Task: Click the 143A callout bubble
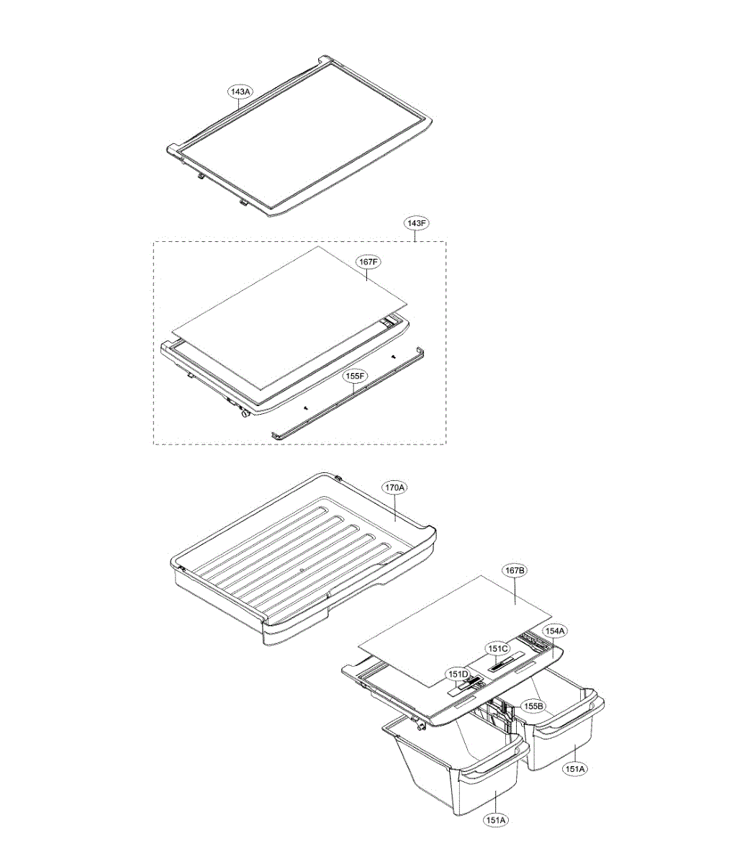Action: coord(240,91)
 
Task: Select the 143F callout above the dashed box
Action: coord(416,223)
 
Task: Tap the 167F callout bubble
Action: coord(368,261)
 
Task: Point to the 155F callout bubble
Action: coord(355,376)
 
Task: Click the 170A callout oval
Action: coord(395,487)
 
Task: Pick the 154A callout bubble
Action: coord(555,642)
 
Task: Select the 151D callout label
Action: coord(458,685)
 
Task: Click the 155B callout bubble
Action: coord(534,706)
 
